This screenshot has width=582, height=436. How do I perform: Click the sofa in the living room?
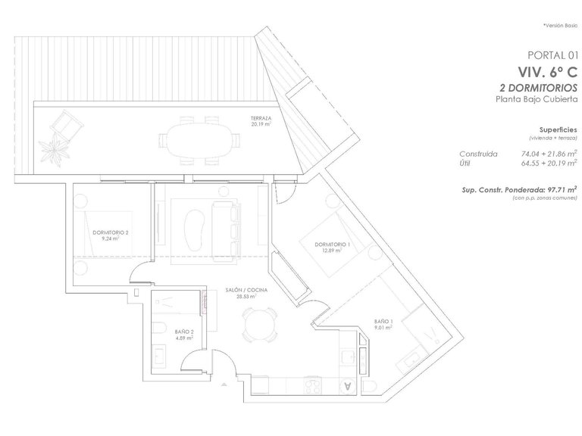coord(224,227)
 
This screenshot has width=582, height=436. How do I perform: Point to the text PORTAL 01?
coord(552,54)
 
